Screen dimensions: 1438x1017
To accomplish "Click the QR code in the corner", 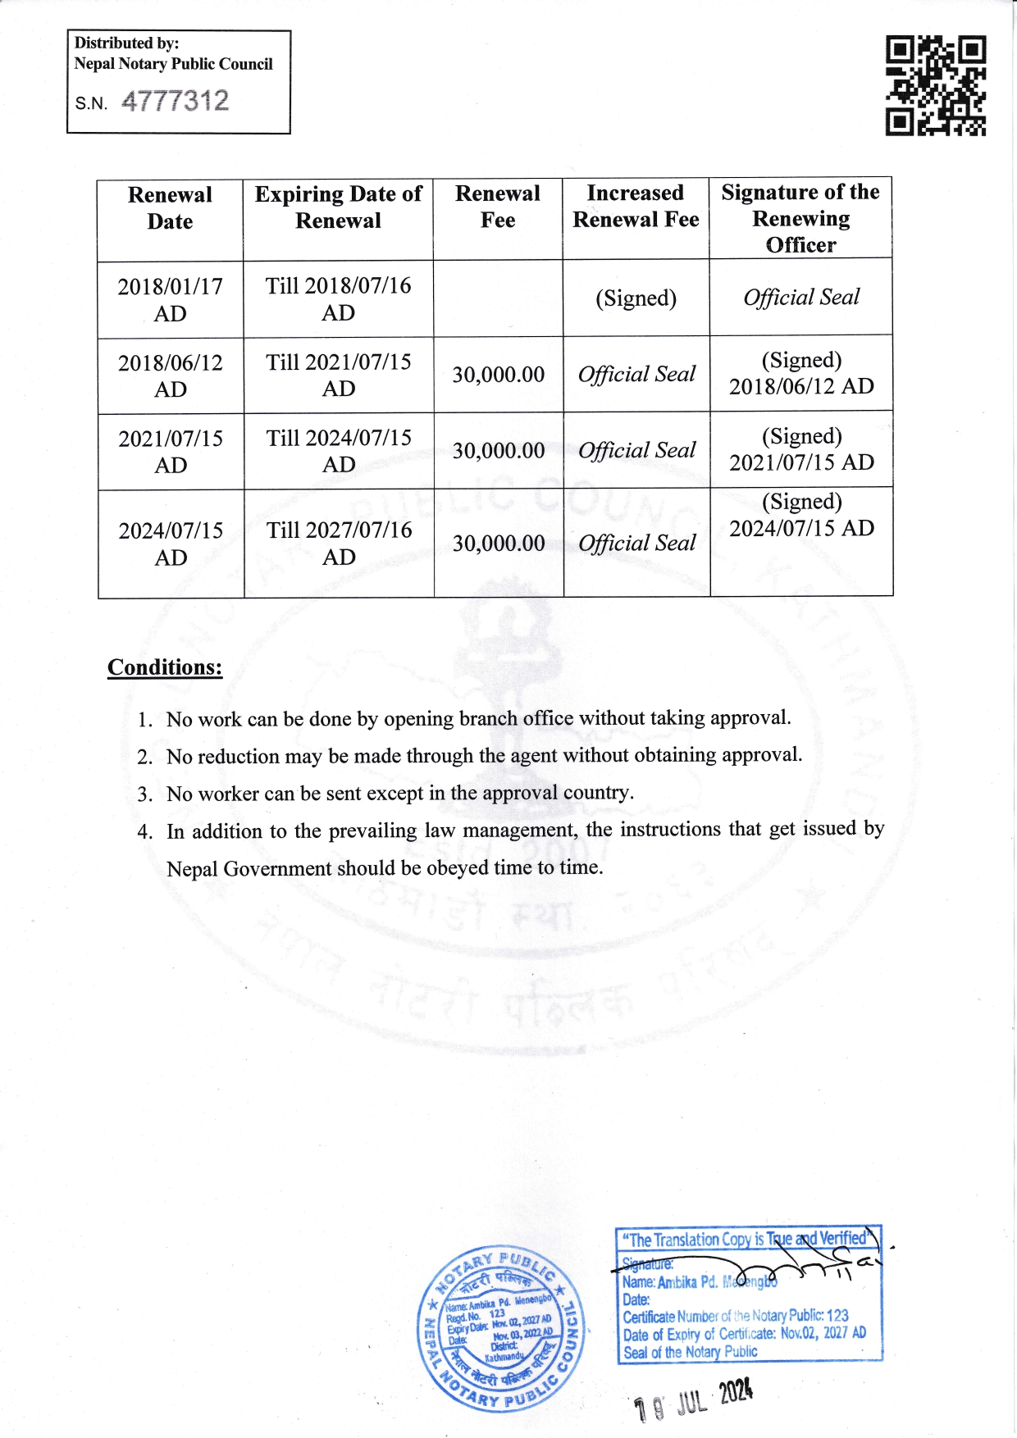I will click(x=935, y=85).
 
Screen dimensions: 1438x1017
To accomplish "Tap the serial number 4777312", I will click(x=176, y=102).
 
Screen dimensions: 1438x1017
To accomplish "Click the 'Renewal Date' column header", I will click(x=170, y=208).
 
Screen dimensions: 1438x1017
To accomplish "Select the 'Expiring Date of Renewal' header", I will click(x=338, y=207).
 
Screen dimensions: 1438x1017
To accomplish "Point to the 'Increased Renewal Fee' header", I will click(x=636, y=207).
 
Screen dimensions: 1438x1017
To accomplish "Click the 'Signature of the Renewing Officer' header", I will click(x=800, y=218).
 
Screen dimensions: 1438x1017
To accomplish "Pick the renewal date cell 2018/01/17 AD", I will click(x=170, y=300).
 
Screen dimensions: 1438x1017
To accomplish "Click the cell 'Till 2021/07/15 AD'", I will click(x=338, y=375).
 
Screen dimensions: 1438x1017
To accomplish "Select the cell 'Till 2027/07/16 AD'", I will click(x=339, y=544).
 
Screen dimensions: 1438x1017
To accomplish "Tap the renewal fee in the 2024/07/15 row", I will click(x=499, y=544).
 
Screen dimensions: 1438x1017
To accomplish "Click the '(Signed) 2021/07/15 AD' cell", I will click(x=801, y=449).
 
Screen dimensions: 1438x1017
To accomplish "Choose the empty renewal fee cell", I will click(x=498, y=298).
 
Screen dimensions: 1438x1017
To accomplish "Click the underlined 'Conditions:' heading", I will click(x=165, y=667).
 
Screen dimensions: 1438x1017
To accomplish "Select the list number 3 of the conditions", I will click(x=145, y=794).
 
